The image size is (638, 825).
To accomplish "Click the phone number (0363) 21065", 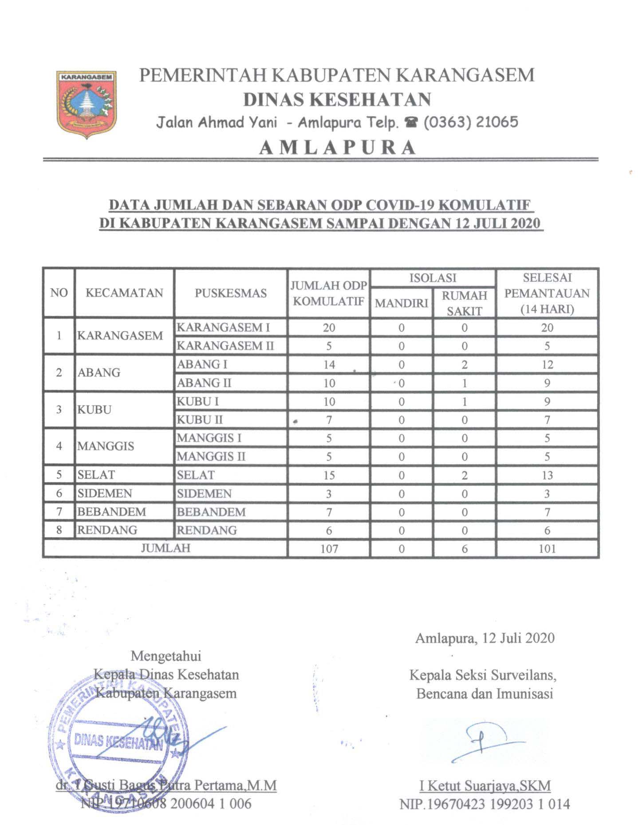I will pos(471,122).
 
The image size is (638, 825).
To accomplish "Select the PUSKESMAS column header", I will pos(231,293).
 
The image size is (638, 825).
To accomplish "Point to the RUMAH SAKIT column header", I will pos(464,303).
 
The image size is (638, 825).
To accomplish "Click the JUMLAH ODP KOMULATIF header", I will pos(328,293).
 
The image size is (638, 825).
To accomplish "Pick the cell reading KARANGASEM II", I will pos(225,346).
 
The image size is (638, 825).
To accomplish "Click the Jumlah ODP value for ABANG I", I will pos(329,365).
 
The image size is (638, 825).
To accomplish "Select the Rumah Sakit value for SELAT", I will pos(464,475).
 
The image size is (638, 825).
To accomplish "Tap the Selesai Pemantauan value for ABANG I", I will pos(547,365).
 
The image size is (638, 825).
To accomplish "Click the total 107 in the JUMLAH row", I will pos(329,549).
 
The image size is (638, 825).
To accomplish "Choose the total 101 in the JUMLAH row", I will pos(547,549).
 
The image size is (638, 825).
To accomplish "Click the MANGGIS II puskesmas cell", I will pos(211,456).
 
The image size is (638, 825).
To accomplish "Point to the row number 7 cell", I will pos(59,512).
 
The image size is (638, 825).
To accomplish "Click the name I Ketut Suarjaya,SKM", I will pos(485,785).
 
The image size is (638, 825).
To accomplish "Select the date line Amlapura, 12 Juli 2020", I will pos(484,638).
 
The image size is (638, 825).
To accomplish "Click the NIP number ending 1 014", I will pos(484,804).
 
